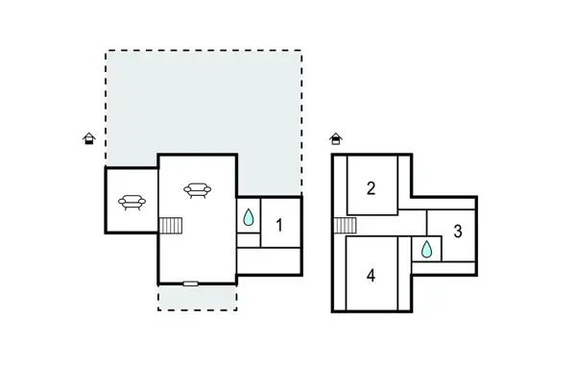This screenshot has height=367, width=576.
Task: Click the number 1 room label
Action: point(279,226)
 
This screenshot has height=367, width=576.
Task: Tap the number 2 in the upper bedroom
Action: point(371,187)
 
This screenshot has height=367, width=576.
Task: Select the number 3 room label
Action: point(458,231)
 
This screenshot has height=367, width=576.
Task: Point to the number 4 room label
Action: point(371,275)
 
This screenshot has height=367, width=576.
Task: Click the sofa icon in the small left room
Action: point(132,202)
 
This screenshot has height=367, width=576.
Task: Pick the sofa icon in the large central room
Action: point(197,191)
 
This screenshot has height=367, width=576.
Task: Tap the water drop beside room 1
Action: point(249,218)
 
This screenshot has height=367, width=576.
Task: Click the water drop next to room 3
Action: point(425,250)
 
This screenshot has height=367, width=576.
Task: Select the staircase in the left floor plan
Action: point(170,225)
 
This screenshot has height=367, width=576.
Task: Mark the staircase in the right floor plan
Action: point(345,226)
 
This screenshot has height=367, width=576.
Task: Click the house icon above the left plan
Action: point(89,139)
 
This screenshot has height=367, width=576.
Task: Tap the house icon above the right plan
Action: point(335,139)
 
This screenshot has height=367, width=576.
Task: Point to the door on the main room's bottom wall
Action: point(190,283)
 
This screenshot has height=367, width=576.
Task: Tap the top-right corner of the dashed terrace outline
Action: point(301,51)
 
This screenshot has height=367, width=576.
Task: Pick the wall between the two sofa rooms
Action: point(158,197)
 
